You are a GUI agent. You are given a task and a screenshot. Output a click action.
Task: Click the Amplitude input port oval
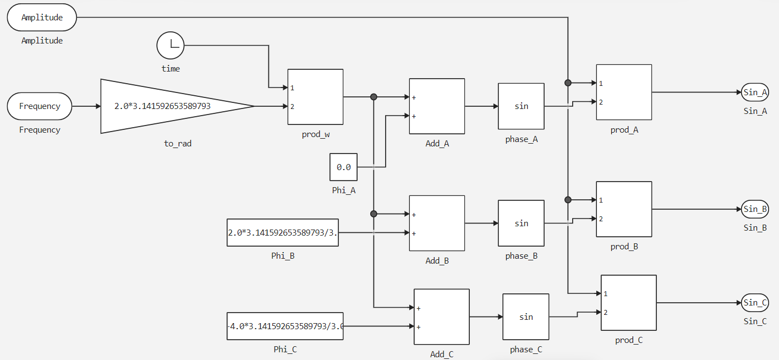coord(42,18)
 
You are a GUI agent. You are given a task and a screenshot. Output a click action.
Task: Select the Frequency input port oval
coord(40,106)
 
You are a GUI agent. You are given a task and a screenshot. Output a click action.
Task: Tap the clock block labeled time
coord(171,45)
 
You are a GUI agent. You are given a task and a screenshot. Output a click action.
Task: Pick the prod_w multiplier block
coord(315,97)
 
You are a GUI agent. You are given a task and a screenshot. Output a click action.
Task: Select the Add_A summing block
coord(437,106)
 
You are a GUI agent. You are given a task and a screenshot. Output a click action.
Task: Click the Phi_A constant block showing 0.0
coord(343,167)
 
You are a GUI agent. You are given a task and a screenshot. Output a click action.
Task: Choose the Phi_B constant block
coord(282,232)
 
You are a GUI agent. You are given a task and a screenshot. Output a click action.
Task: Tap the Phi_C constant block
coord(285,326)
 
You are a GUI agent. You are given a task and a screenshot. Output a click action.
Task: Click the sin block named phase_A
coord(521,106)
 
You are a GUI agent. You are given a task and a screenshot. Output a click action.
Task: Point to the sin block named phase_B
coord(521,223)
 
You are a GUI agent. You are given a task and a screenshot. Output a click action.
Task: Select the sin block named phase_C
coord(525,317)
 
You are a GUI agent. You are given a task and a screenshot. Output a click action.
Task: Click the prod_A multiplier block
coord(624,92)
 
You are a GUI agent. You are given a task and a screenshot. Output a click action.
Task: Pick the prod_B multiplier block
coord(624,209)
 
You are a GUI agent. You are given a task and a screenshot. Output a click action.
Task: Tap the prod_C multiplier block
coord(628,303)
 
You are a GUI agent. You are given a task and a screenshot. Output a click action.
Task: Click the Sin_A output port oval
coord(755,92)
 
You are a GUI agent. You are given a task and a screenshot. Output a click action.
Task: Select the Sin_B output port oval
coord(755,209)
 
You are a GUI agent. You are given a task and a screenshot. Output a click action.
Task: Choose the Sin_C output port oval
coord(755,303)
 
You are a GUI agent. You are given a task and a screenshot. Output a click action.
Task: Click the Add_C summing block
coord(441,317)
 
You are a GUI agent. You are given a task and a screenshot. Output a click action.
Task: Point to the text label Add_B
coord(437,261)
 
